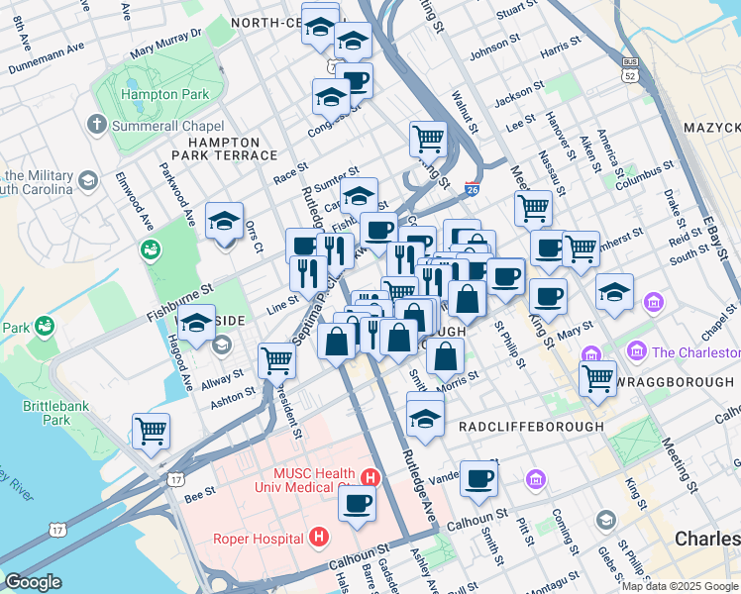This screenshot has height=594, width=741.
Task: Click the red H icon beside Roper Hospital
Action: pyautogui.click(x=318, y=538)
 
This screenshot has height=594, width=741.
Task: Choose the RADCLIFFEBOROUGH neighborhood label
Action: pyautogui.click(x=530, y=426)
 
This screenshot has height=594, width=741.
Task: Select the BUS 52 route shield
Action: pyautogui.click(x=629, y=68)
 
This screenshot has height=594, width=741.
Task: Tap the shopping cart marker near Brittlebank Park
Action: pyautogui.click(x=152, y=430)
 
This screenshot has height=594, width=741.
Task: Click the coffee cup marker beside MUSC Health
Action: pyautogui.click(x=358, y=501)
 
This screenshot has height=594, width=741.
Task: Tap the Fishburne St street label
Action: pyautogui.click(x=179, y=302)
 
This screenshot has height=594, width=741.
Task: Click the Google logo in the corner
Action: pyautogui.click(x=33, y=582)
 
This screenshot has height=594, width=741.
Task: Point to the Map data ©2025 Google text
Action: pyautogui.click(x=680, y=586)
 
